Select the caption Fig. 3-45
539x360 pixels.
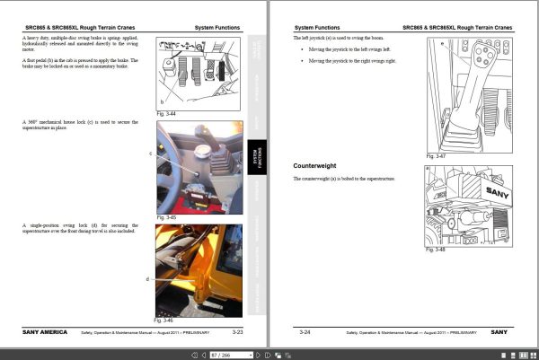pos(164,217)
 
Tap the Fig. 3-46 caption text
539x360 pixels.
pos(164,320)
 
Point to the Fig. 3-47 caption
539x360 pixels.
pos(435,156)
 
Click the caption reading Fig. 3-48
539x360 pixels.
pos(435,250)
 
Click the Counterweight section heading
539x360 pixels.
pos(321,167)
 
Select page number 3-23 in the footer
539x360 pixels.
pos(238,332)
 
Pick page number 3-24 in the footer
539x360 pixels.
pos(305,332)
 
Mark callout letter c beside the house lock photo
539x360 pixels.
pos(151,154)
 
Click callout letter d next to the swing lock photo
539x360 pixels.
pos(147,279)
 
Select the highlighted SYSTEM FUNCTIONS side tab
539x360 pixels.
pos(255,159)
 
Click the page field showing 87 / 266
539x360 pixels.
pos(220,354)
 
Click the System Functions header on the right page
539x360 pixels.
pos(316,28)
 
